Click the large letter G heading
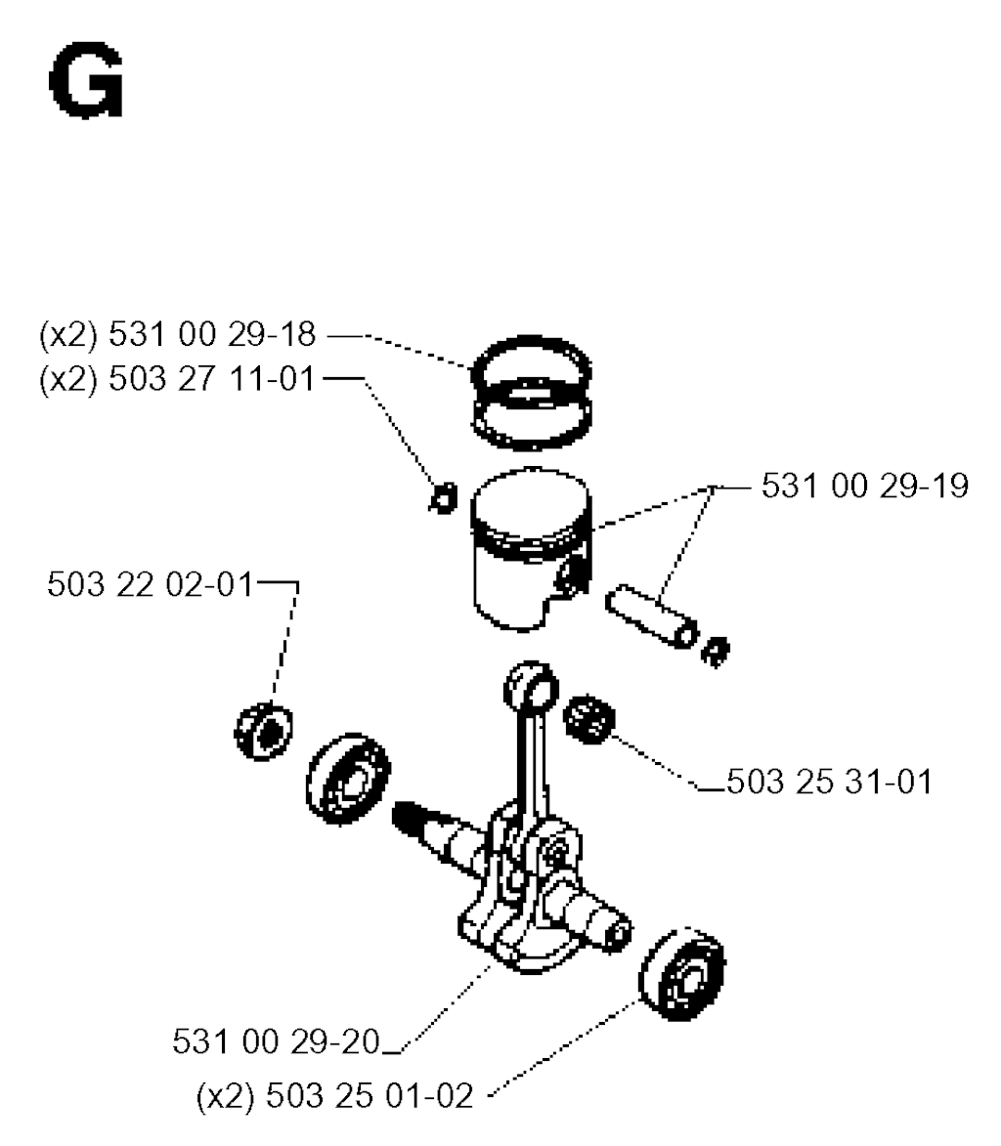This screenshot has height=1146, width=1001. (86, 81)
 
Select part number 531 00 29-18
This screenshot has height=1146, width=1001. (212, 335)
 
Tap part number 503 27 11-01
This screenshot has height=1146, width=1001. (212, 379)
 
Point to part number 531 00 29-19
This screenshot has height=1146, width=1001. (865, 486)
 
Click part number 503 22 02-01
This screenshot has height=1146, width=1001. (150, 584)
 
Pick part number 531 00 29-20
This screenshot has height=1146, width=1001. (277, 1041)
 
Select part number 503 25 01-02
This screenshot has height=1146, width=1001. (370, 1096)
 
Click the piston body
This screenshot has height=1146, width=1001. (532, 548)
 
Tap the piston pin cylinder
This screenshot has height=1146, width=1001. (652, 616)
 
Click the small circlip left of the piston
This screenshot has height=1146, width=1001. (444, 497)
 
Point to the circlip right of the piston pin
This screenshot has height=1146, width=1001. (716, 652)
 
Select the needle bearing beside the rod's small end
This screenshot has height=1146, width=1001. (589, 719)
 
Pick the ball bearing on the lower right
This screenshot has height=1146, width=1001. (682, 974)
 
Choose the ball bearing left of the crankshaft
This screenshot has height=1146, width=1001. (348, 780)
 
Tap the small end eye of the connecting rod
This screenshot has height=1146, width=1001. (532, 688)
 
